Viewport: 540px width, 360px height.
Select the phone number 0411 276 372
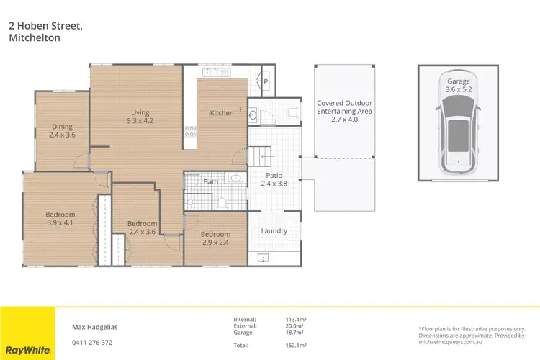pos(92,342)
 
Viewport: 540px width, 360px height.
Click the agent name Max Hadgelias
pos(95,326)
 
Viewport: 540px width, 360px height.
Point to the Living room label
pos(140,116)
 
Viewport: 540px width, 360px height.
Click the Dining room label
pos(62,130)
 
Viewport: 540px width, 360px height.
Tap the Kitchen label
pos(222,113)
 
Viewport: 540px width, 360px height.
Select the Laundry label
pos(274,231)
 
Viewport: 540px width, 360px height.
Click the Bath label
pos(210,182)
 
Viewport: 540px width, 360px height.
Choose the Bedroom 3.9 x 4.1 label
pos(60,218)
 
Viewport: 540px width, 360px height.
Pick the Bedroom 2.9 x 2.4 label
pos(215,238)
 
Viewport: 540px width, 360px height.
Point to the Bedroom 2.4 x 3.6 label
pos(142,228)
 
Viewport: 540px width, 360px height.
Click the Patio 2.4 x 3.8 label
pos(274,179)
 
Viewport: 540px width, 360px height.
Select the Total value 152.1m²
pos(296,346)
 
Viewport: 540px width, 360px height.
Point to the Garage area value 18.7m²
pos(295,333)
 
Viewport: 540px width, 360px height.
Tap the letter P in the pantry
pos(265,82)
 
